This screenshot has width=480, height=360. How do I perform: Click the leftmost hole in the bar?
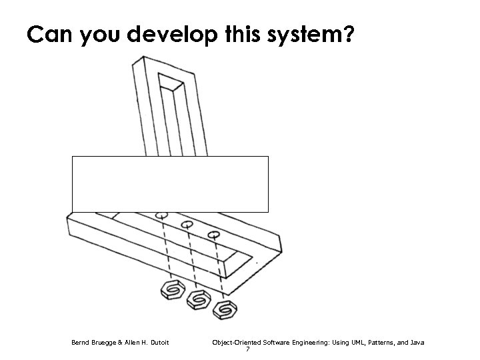click(x=161, y=216)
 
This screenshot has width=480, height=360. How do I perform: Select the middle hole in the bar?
click(x=187, y=225)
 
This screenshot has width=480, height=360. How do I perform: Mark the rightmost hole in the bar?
click(x=213, y=235)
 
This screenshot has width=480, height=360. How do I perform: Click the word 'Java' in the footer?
click(x=417, y=343)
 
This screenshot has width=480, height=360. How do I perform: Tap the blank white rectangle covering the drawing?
click(x=170, y=184)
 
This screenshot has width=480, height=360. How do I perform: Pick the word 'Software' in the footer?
click(x=274, y=343)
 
